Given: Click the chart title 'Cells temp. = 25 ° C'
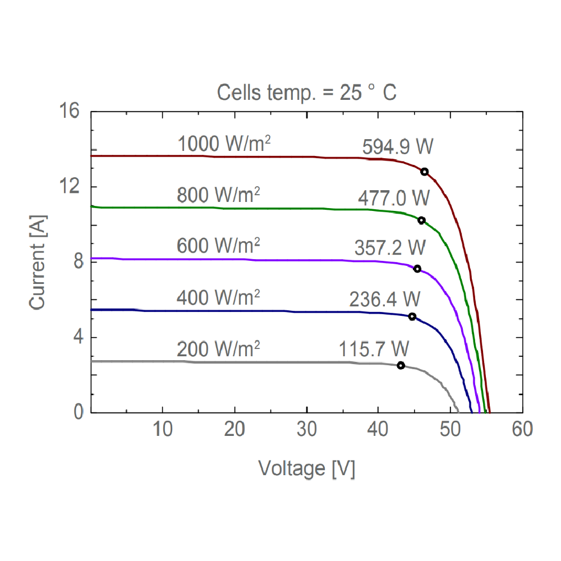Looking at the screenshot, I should pos(307,93).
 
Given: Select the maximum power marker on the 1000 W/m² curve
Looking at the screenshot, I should pos(425,172).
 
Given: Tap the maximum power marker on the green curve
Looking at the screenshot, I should pos(421,220).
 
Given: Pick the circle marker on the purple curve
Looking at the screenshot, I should pos(417,269).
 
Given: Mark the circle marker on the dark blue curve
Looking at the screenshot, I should pos(412,316).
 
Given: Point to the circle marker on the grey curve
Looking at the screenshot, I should pos(401,365).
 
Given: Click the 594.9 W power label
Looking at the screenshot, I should pos(398,148).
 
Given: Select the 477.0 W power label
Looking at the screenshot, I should pos(393,198).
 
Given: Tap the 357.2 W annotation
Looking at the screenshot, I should pos(390,247).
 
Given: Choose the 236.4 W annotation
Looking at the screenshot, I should pos(385,299).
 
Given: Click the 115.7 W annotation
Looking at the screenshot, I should pos(374,348).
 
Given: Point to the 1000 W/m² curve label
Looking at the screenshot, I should pos(224,145).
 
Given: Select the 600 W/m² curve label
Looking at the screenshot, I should pos(218,246).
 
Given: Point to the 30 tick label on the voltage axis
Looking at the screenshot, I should pos(306,430).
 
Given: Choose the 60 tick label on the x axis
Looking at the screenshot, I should pos(522,430).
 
